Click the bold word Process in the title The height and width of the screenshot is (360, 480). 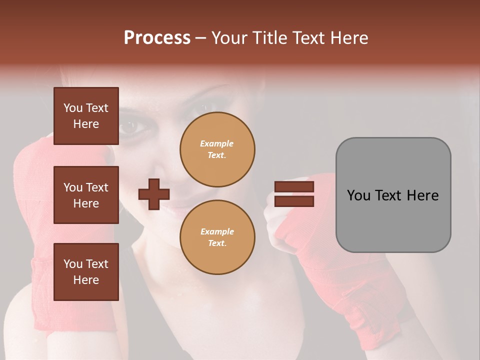[x=157, y=38]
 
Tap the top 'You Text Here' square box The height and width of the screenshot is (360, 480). [x=86, y=116]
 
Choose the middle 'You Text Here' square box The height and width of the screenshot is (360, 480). [x=86, y=195]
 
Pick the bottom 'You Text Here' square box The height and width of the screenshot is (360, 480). [x=86, y=272]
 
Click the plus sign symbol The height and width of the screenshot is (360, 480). [x=154, y=194]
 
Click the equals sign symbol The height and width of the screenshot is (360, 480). [x=294, y=194]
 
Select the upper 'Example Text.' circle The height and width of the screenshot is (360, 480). [x=217, y=149]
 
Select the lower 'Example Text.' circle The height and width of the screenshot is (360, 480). [x=217, y=237]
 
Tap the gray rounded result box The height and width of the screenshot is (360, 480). [x=393, y=195]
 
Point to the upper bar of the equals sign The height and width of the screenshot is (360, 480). [x=294, y=187]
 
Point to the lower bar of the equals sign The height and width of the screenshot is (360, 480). [x=294, y=201]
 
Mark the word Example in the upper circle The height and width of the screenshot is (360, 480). [x=217, y=143]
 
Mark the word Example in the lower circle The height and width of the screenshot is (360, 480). [x=217, y=231]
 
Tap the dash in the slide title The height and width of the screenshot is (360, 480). [x=201, y=38]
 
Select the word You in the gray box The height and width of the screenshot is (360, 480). [x=359, y=195]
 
